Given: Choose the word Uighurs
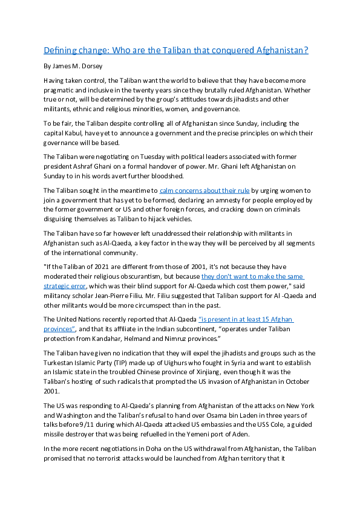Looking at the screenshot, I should [163, 363].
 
